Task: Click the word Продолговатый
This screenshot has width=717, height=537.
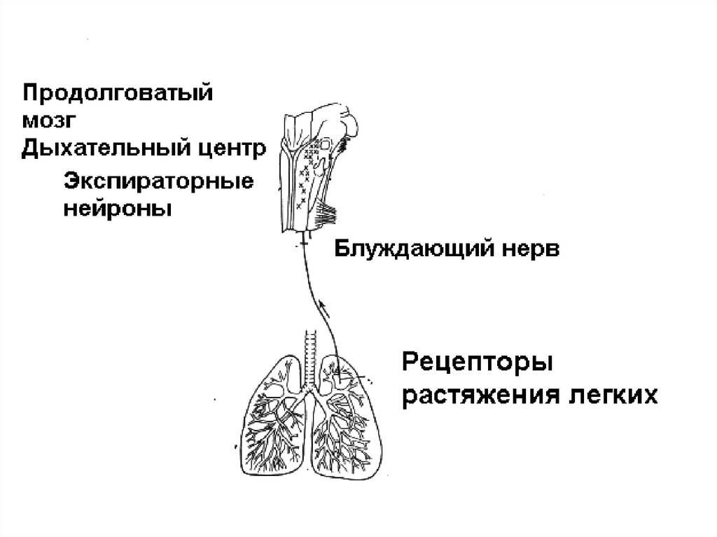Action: [117, 94]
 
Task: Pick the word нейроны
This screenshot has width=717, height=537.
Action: [118, 209]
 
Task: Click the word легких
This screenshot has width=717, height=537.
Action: [617, 396]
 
